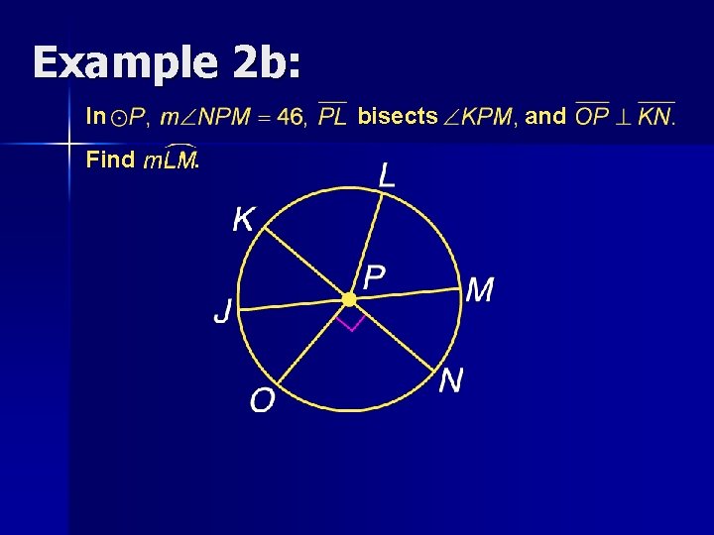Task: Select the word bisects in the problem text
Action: (398, 117)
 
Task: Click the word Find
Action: (110, 160)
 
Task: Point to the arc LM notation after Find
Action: (170, 160)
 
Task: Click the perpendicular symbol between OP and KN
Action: (624, 118)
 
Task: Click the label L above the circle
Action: (387, 177)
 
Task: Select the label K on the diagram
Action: (243, 219)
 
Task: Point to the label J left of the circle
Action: (224, 313)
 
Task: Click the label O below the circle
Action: (263, 400)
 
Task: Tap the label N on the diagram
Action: (451, 379)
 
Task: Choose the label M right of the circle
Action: (479, 290)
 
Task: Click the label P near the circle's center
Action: (374, 277)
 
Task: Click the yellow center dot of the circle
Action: (349, 298)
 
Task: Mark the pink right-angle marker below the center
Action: (349, 322)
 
